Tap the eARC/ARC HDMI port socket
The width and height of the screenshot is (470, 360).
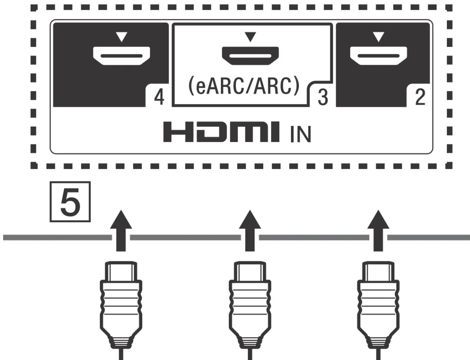[250, 55]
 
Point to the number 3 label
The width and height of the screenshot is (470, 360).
[322, 98]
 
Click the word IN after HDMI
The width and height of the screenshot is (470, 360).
[300, 134]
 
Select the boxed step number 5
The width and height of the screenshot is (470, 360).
[70, 202]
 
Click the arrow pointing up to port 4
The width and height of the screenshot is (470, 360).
[119, 231]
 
